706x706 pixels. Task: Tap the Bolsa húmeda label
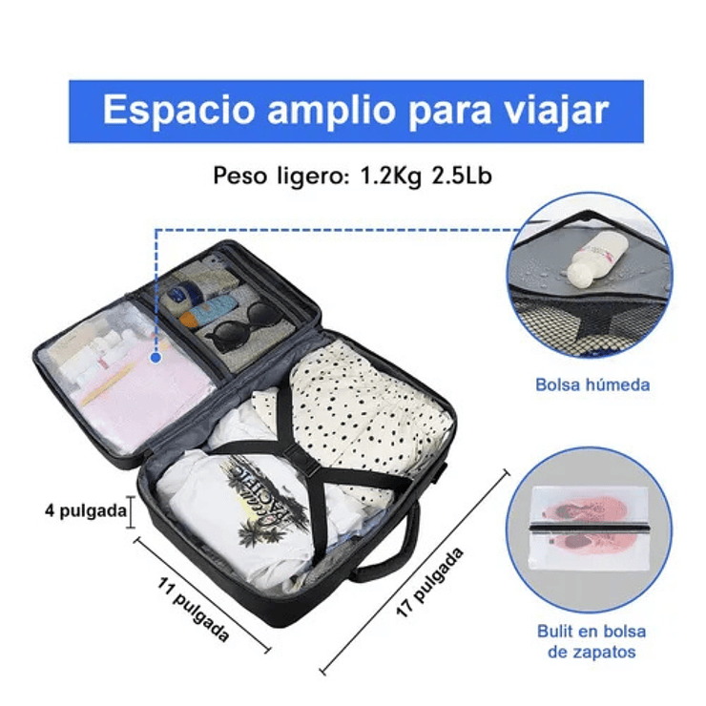592,385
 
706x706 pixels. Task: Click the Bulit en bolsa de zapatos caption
591,641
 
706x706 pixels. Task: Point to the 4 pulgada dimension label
86,510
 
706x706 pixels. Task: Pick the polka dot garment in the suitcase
363,401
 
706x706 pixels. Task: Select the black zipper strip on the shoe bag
590,528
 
